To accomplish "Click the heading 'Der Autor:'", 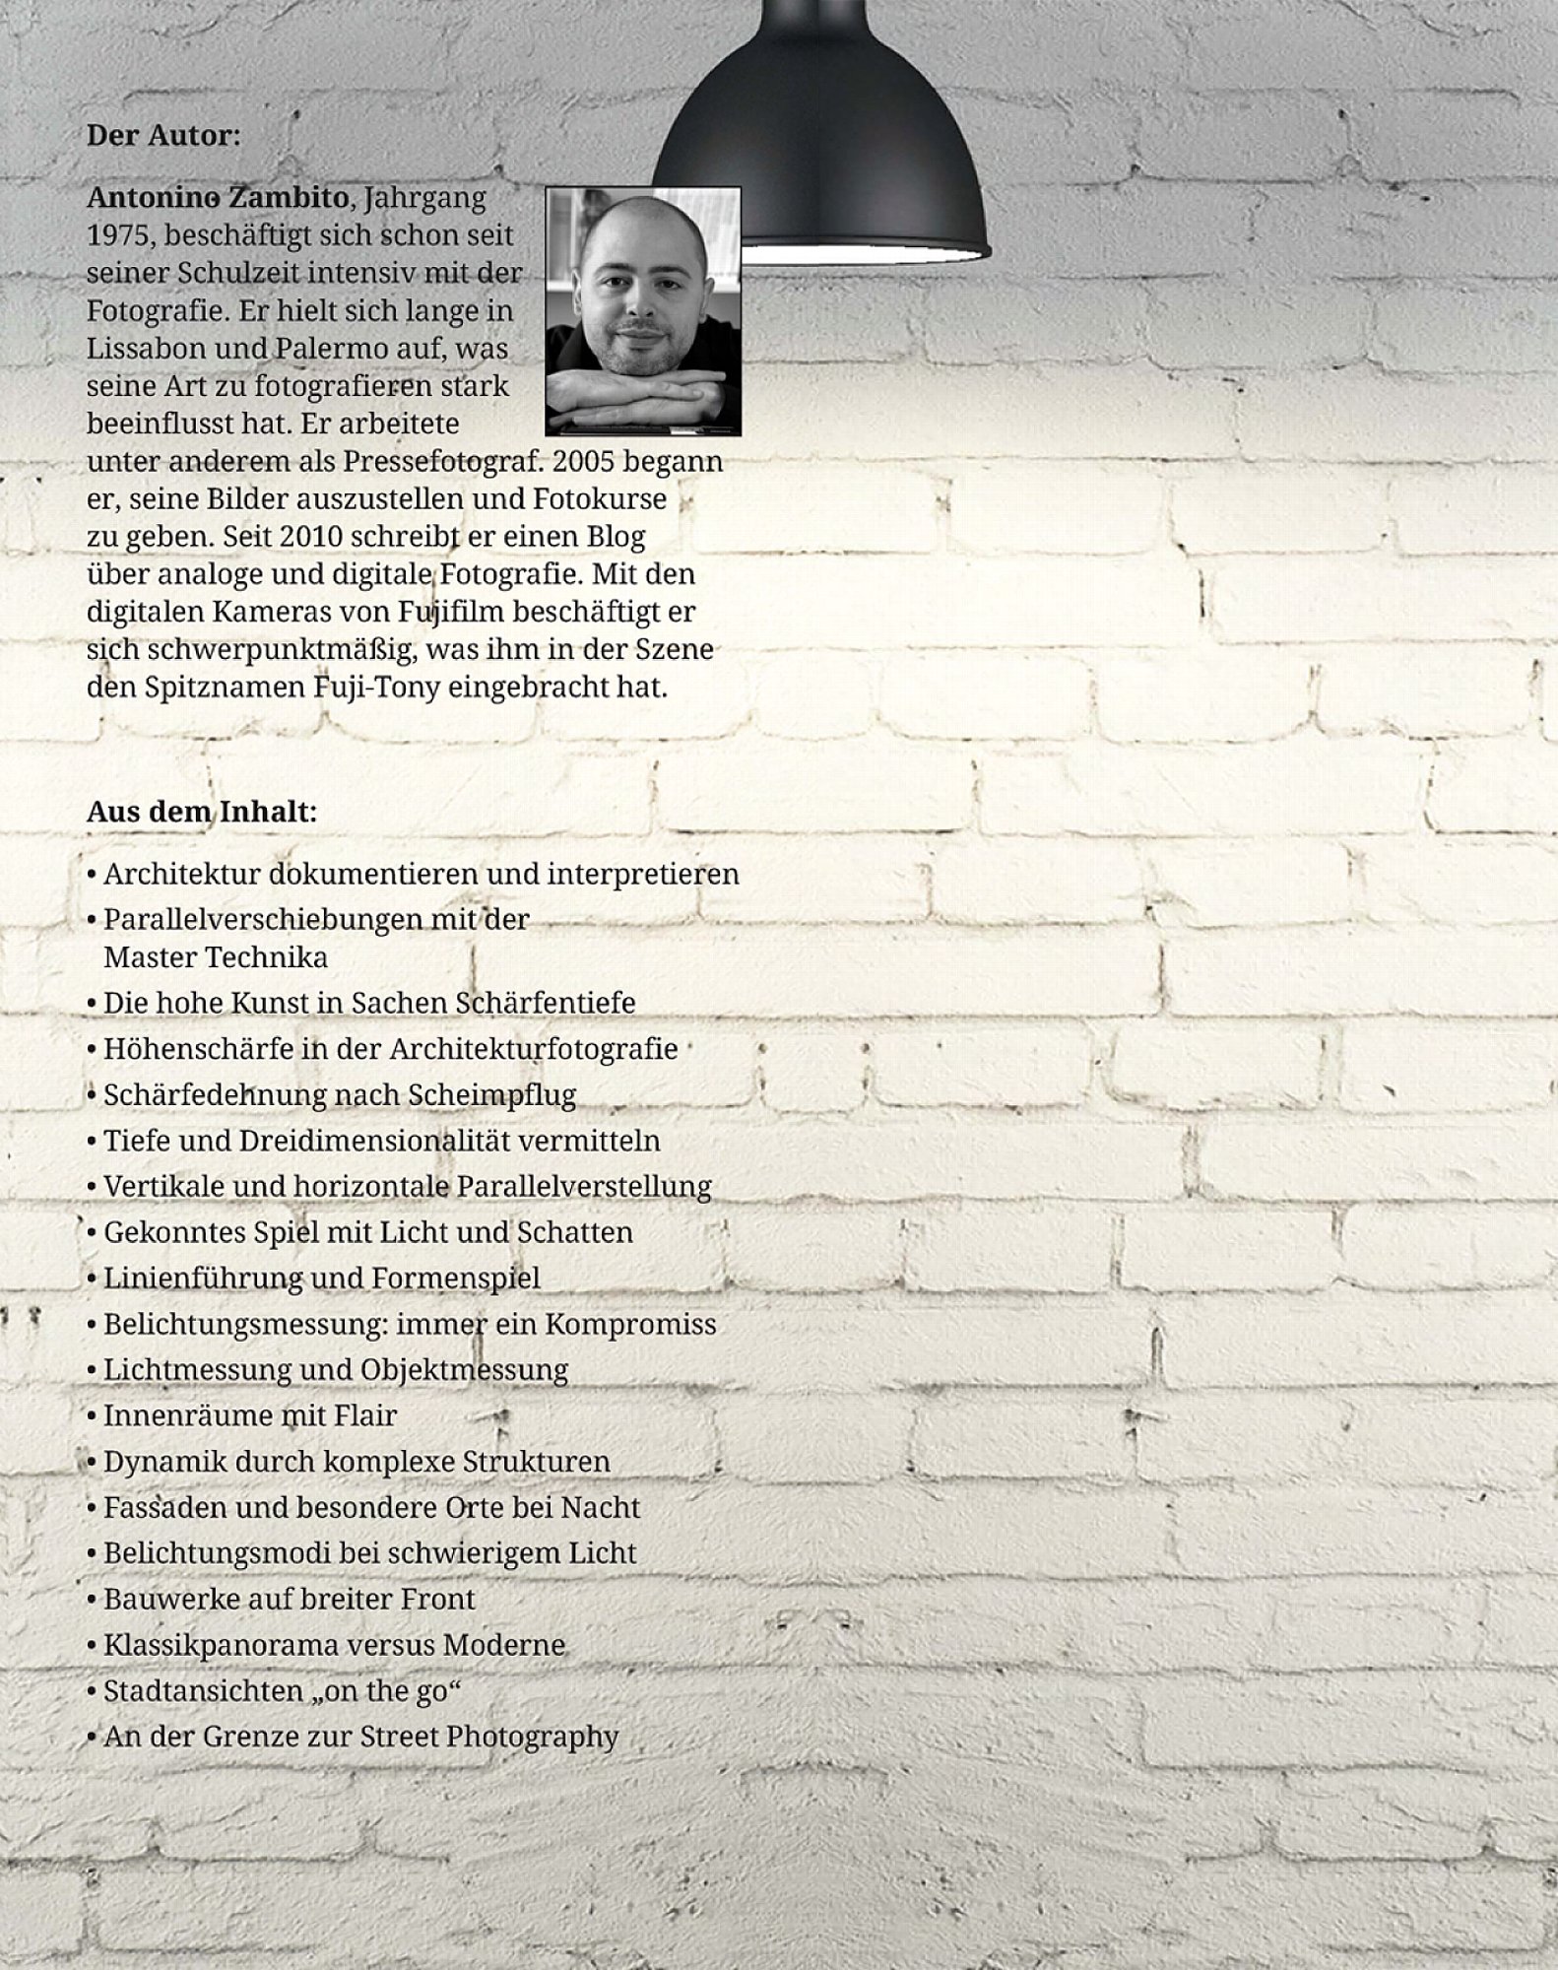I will pos(163,135).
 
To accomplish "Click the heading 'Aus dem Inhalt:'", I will pos(202,813).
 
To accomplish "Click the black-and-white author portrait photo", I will pos(643,310).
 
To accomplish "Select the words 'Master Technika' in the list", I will pos(216,956).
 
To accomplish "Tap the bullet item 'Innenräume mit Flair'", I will pos(249,1415).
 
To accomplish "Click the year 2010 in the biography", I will pos(310,537).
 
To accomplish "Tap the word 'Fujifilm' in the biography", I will pos(451,612).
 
